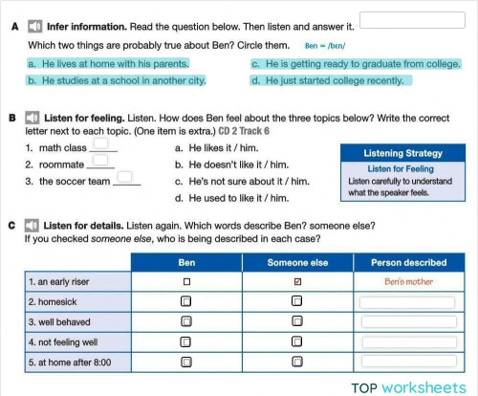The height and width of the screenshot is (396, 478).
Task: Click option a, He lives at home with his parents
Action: pyautogui.click(x=108, y=64)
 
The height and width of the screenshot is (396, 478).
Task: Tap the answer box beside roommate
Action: pyautogui.click(x=100, y=163)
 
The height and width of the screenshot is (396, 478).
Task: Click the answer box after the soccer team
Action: pyautogui.click(x=127, y=179)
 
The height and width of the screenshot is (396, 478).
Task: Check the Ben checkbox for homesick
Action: pyautogui.click(x=187, y=302)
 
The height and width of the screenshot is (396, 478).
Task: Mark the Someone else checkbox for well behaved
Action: pyautogui.click(x=297, y=322)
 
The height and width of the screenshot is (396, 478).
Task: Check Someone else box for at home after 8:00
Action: pyautogui.click(x=297, y=363)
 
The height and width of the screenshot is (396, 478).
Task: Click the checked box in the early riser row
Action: pyautogui.click(x=297, y=282)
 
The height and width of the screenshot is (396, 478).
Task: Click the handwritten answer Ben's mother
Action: pyautogui.click(x=408, y=282)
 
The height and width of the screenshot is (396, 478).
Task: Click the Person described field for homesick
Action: pyautogui.click(x=408, y=302)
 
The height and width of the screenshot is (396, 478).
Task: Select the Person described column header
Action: pyautogui.click(x=408, y=262)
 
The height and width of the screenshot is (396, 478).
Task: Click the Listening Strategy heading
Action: pyautogui.click(x=402, y=152)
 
